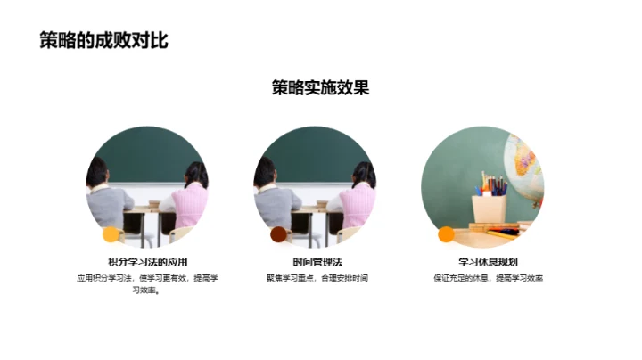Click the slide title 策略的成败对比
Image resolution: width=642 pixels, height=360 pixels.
tap(103, 40)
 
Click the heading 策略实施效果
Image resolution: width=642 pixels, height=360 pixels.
tap(321, 87)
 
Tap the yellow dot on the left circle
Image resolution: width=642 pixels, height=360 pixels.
tap(111, 235)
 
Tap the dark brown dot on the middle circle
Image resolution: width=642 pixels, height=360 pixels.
tap(278, 235)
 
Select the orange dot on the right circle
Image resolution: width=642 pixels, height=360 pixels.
tap(446, 235)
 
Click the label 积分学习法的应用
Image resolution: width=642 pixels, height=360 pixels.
tap(148, 262)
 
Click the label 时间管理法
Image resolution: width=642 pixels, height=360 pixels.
tap(317, 262)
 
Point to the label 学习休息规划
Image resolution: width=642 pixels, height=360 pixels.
tap(488, 262)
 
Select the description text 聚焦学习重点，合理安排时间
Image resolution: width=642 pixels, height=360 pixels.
tap(317, 278)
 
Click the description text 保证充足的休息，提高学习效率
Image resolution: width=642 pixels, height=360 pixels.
tap(488, 278)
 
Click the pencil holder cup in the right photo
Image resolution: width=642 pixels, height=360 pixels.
tap(489, 210)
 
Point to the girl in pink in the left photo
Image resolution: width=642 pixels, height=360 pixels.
tap(188, 200)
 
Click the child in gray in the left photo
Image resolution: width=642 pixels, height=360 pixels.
tap(105, 198)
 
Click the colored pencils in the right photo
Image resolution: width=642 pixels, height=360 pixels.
tap(490, 185)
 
